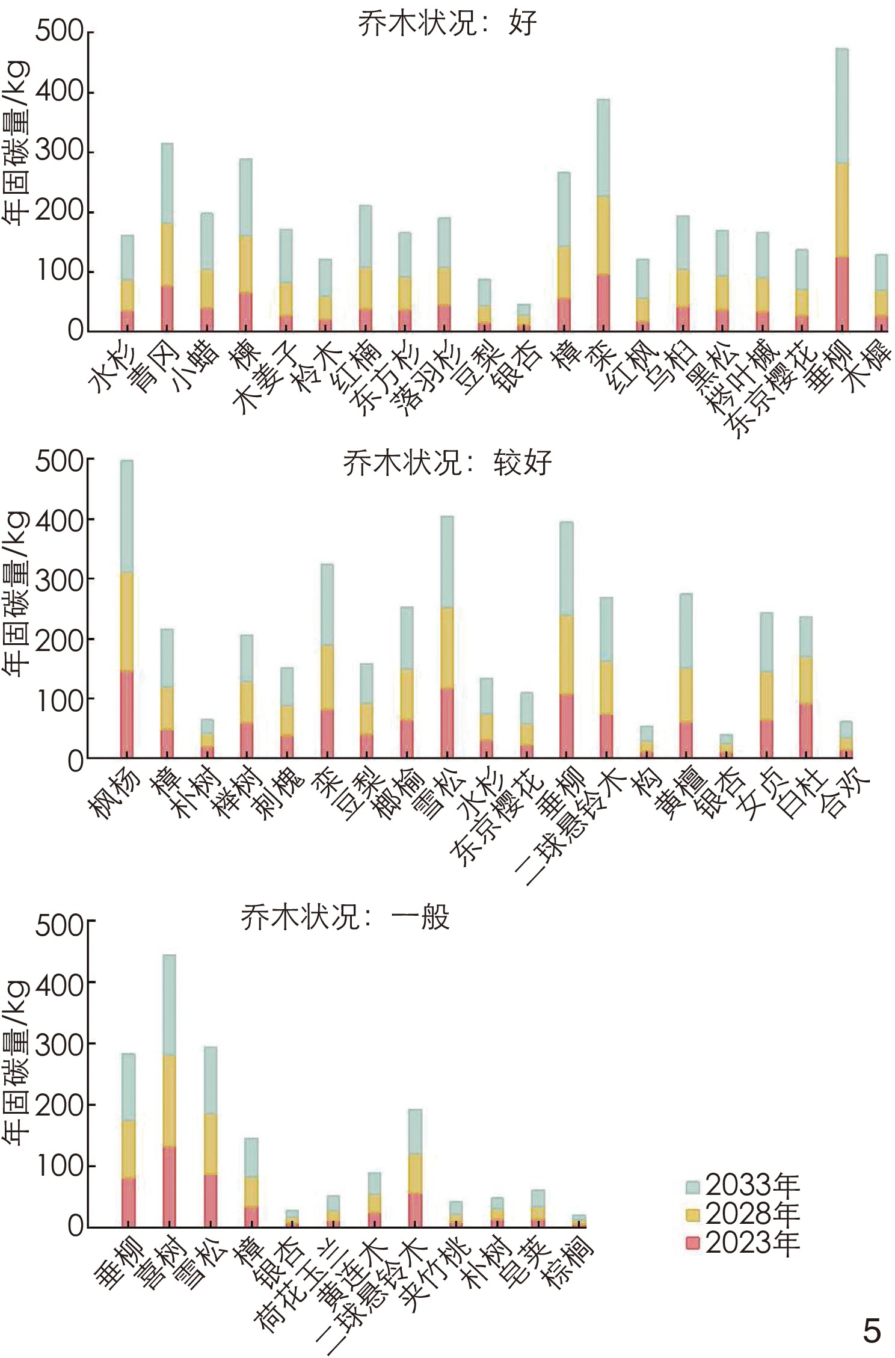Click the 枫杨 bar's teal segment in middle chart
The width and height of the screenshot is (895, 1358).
click(x=127, y=516)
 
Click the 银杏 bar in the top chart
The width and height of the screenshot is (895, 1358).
click(x=524, y=318)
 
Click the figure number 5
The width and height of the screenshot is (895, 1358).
click(x=872, y=1331)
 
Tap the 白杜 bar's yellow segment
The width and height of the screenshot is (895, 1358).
click(x=806, y=680)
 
